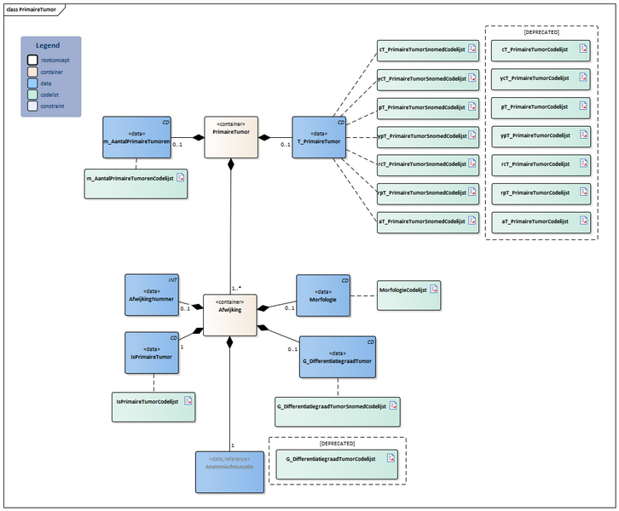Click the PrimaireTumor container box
coord(230,136)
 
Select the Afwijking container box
coord(230,314)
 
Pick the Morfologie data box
coord(322,296)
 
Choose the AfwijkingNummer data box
coord(151,295)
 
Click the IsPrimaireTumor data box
coord(151,353)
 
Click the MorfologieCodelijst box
coord(408,290)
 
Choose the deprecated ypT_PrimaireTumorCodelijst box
coord(541,135)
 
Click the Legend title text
coord(48,45)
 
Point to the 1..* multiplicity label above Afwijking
coord(236,288)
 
